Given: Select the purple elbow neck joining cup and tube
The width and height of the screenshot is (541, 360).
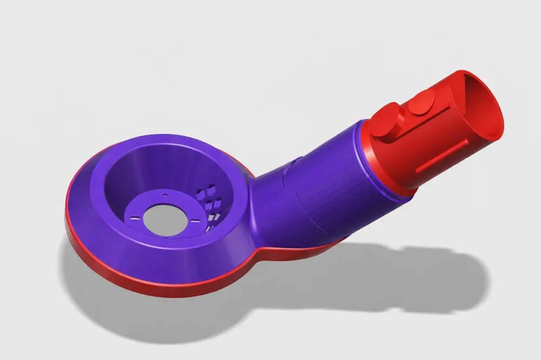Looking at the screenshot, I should (270, 200).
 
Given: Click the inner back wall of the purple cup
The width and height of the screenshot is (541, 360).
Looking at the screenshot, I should (157, 168).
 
